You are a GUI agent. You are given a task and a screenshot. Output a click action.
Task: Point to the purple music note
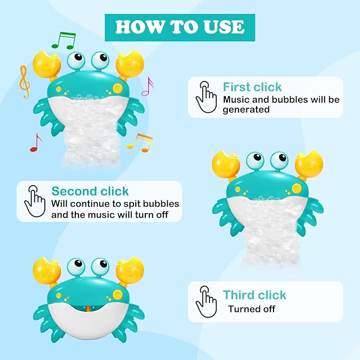coord(147,86)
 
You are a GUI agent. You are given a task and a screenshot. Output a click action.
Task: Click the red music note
coord(36,143)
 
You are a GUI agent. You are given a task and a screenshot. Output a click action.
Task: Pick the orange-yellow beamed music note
coord(140,142)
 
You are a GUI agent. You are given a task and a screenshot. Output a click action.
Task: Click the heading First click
coord(252,87)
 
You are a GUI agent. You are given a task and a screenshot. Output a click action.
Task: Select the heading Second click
coord(90,191)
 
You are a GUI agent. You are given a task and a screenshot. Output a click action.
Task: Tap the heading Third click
coord(254,295)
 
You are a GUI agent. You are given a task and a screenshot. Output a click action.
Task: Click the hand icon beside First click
coord(206,96)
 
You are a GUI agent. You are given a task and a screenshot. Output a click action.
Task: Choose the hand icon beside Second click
coord(35,200)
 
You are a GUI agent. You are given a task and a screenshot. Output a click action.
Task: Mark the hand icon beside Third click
coord(206,302)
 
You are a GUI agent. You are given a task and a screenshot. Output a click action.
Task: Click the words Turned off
coord(252,309)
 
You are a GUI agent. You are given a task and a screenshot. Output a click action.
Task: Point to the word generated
coord(247,110)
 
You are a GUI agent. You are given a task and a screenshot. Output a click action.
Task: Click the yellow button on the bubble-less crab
coord(118,293)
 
